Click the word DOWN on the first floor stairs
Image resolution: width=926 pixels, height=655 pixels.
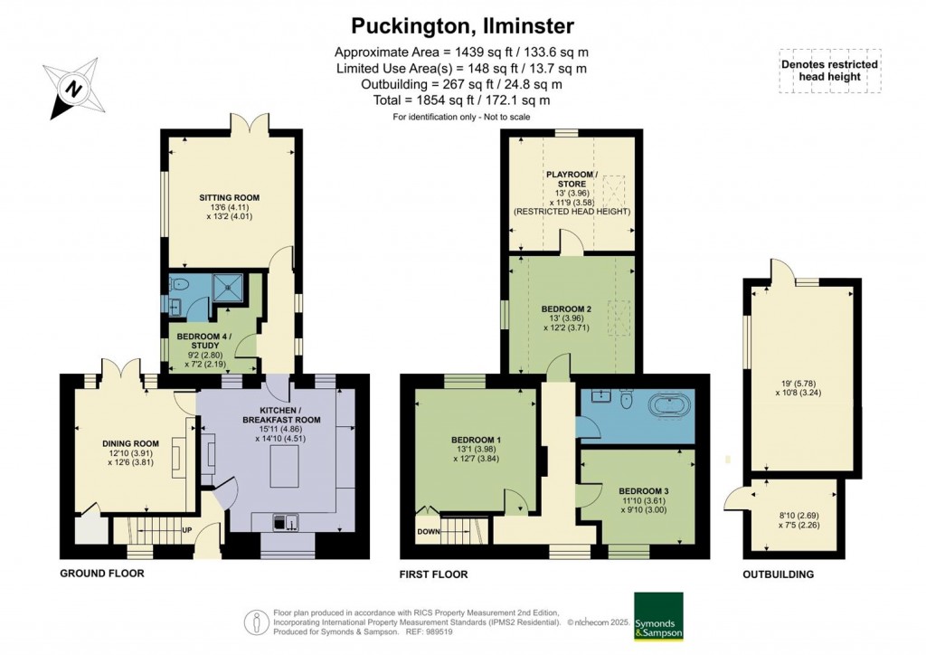click(428, 532)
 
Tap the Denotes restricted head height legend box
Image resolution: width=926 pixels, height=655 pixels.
click(829, 70)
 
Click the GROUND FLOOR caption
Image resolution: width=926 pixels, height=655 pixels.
click(101, 574)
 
